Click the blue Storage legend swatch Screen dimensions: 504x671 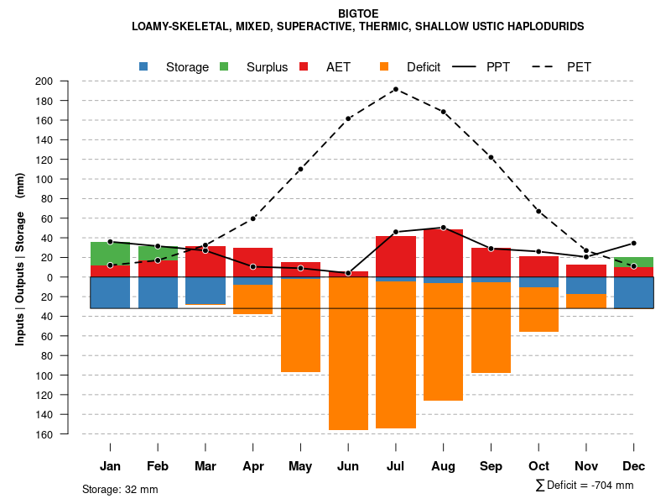point(143,66)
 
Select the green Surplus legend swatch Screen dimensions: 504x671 point(224,66)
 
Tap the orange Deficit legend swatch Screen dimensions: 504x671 point(384,66)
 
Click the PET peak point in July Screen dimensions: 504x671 point(395,89)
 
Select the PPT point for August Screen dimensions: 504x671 point(443,228)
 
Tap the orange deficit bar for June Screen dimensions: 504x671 point(348,353)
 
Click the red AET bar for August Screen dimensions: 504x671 point(443,253)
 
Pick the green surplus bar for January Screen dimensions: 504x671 point(110,254)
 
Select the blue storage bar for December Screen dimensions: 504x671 point(634,292)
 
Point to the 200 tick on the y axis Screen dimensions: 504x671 point(67,81)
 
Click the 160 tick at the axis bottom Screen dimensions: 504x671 point(67,434)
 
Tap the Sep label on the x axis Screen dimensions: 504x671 point(491,466)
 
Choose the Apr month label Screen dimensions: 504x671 point(252,466)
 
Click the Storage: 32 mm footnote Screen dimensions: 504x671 point(120,489)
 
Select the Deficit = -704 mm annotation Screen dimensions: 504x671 point(585,486)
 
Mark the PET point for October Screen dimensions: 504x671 point(538,212)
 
